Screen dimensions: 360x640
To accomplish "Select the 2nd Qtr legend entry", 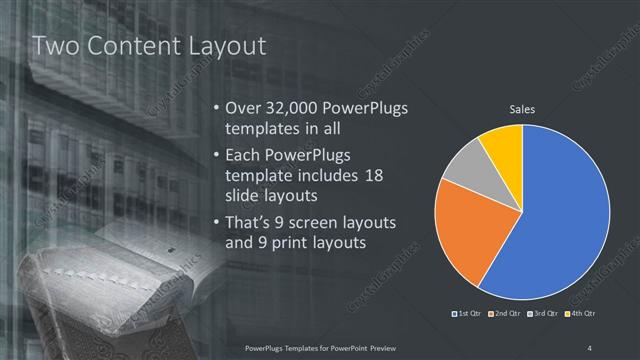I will (506, 314).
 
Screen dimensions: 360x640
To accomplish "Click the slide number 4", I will (591, 347).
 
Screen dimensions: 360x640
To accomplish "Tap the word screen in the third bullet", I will (310, 220).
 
